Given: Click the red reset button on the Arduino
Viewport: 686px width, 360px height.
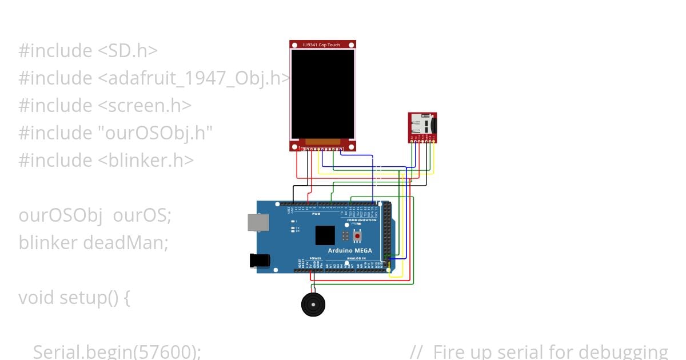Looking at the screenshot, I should point(358,235).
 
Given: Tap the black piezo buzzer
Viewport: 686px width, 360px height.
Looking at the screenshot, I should point(313,305).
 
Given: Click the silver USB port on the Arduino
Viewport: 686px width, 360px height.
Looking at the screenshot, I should point(258,222).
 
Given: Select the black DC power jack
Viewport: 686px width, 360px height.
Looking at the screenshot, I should point(260,261).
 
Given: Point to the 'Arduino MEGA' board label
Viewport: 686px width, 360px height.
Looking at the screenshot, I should point(350,250).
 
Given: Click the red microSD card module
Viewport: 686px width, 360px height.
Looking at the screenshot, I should point(422,126).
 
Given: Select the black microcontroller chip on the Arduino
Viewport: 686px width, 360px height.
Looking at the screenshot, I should point(325,235).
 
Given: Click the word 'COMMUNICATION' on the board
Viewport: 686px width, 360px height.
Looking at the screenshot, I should point(362,220).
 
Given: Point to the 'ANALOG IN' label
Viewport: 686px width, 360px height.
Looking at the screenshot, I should point(355,258).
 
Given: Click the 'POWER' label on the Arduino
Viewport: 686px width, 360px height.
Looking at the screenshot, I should point(315,258).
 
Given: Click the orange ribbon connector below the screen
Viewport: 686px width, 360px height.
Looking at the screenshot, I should point(322,142).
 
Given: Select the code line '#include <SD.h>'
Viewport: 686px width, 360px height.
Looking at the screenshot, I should point(88,50).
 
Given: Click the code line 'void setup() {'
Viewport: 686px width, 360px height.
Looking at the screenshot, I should point(74,298).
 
